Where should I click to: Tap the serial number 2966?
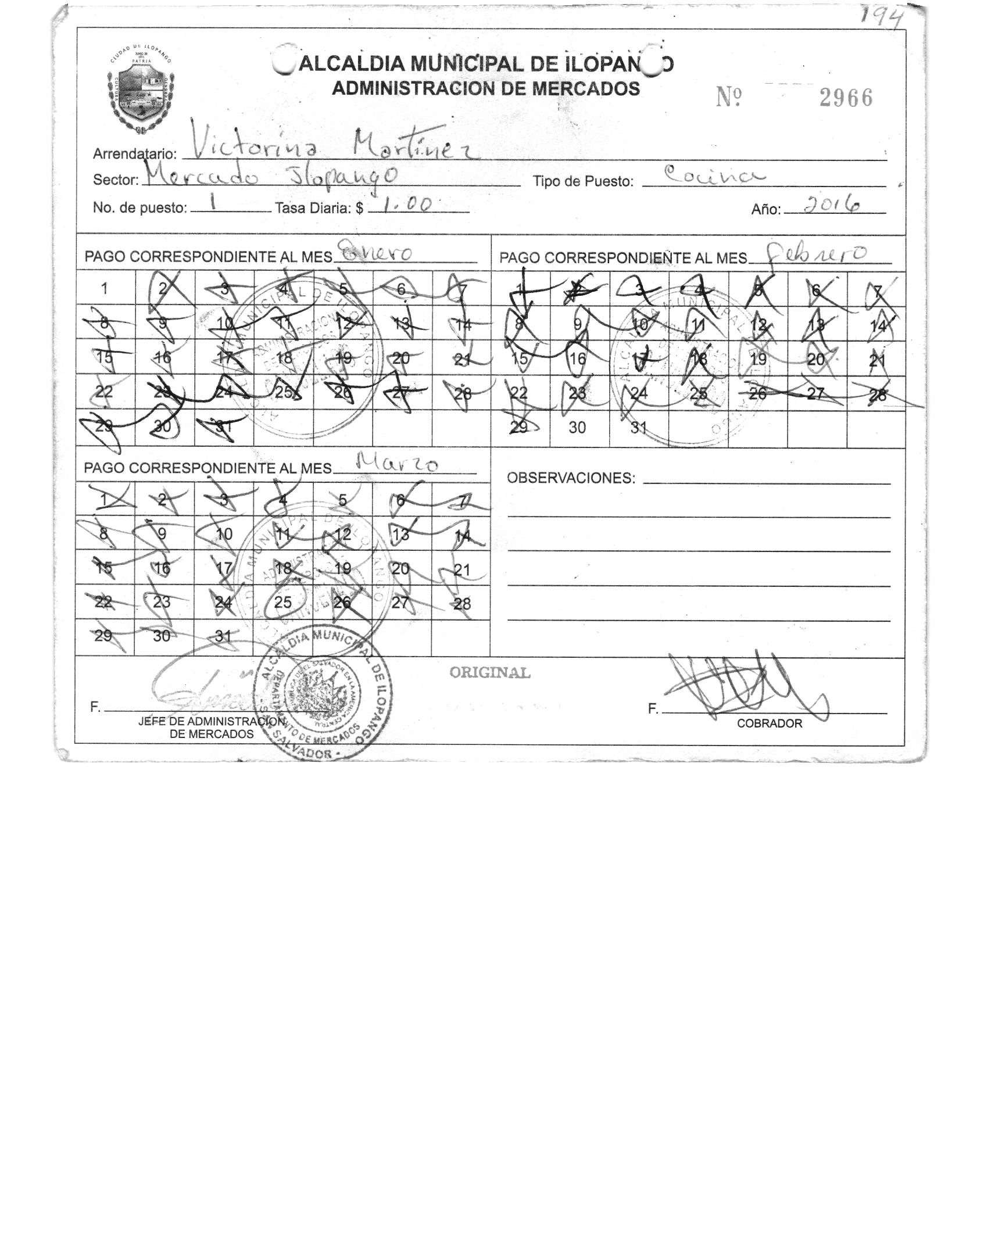(x=846, y=98)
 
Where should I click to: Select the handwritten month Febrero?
(x=817, y=253)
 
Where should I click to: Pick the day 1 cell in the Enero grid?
(x=105, y=289)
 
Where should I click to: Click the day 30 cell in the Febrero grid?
(x=577, y=428)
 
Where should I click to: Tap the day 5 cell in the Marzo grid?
(x=342, y=500)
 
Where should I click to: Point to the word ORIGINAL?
(x=490, y=673)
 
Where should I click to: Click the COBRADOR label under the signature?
(x=769, y=723)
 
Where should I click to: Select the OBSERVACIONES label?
(x=571, y=478)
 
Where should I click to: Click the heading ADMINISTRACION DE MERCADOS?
(x=485, y=89)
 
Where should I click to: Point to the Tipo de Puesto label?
(x=583, y=182)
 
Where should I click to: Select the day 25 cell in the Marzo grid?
(x=283, y=603)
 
